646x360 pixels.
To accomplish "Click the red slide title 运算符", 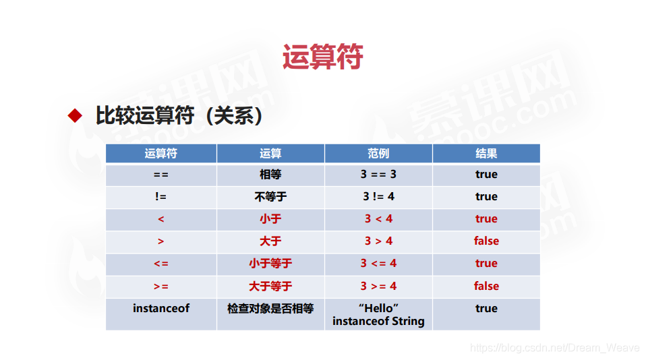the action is click(322, 57).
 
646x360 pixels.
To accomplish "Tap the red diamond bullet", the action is click(75, 115).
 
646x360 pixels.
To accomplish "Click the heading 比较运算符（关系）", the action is click(179, 115).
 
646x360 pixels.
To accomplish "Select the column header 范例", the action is click(378, 154).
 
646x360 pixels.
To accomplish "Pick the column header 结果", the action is click(486, 154).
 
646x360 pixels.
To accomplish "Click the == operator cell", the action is click(160, 175).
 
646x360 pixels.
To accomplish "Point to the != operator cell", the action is click(160, 197).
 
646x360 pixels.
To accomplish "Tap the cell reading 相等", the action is click(270, 175).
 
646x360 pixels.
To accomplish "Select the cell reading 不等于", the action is click(270, 197).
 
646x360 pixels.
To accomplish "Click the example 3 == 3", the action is click(378, 174).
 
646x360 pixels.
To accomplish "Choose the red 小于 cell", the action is click(270, 218).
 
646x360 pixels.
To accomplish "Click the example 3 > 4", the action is click(378, 241).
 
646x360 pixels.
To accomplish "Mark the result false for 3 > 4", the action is click(486, 241).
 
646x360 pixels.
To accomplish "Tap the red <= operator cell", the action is click(160, 264).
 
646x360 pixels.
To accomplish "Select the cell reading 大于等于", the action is click(270, 286).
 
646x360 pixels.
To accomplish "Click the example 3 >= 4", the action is click(378, 286).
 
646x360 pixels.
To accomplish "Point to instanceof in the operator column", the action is click(161, 308).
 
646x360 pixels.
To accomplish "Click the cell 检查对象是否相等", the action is click(270, 309).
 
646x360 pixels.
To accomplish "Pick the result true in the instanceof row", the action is click(486, 309).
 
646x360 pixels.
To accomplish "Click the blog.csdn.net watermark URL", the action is click(554, 348).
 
